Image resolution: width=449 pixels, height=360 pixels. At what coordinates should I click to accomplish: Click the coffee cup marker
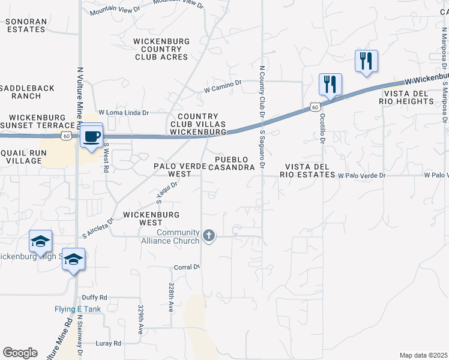pos(92,136)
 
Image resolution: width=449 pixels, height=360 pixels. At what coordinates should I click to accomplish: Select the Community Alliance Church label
pos(178,236)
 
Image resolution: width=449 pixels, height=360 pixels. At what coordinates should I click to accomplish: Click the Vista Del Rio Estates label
pos(310,170)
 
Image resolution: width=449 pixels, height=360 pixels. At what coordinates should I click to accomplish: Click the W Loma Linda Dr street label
pos(124,112)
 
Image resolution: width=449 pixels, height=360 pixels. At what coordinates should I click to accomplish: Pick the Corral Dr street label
pos(186,267)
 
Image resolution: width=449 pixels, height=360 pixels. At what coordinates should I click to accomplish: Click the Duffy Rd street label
pos(94,297)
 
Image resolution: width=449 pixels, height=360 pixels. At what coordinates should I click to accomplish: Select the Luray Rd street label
pos(109,343)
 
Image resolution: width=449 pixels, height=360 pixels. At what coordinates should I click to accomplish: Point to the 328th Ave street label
pos(171,296)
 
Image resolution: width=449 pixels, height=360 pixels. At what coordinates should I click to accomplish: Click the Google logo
pos(20,353)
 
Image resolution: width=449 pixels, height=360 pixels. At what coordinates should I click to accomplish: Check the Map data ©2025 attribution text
pos(423,355)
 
